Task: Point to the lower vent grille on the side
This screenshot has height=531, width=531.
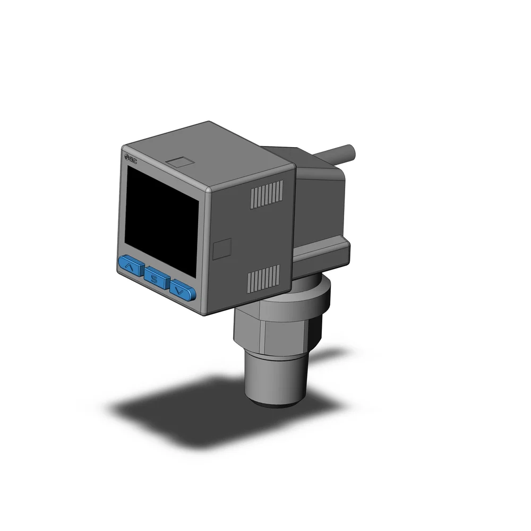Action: coord(264,278)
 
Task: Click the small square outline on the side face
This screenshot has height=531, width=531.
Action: coord(222,248)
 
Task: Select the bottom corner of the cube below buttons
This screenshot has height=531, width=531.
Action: coord(204,313)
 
